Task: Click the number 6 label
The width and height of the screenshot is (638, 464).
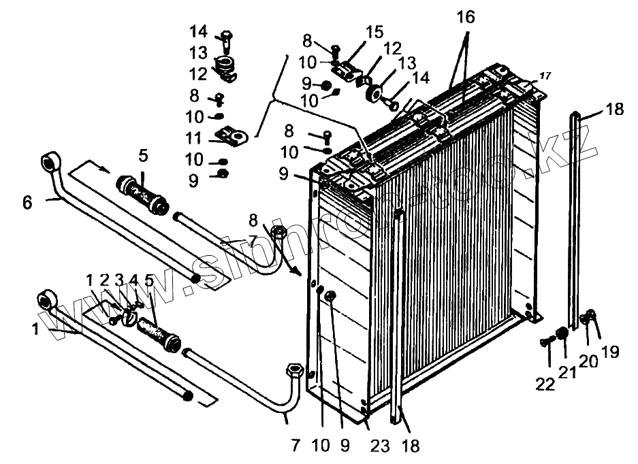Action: coord(27,202)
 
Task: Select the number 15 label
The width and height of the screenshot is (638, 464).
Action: coord(374,33)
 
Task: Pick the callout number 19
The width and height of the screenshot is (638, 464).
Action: coord(610,351)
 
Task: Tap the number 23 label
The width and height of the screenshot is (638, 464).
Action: coord(379,446)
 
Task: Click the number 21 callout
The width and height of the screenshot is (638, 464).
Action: coord(568,373)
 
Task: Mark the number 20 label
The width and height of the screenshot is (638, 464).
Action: coord(588,361)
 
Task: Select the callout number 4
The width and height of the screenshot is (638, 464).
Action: coord(133,280)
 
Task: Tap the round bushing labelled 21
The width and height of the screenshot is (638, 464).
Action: coord(562,334)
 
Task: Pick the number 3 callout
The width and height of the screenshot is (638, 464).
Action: coord(118,280)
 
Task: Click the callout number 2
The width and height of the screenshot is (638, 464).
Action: coord(104,280)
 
